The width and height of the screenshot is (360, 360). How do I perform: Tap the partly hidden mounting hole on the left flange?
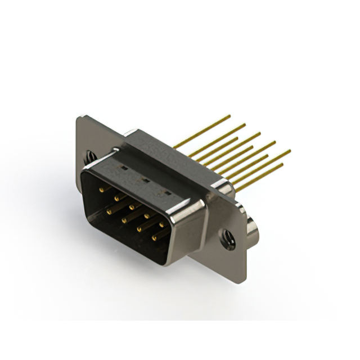pos(89,152)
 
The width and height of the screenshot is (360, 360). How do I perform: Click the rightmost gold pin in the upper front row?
pos(162,224)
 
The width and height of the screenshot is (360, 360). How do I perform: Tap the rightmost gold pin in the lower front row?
pos(154,238)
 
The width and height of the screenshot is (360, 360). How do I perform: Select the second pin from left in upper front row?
pos(117,198)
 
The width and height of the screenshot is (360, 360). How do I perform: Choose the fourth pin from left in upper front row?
pos(147,215)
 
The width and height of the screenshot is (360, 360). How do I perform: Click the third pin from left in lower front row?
pos(139,229)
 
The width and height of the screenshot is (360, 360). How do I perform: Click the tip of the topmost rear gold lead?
pos(229,116)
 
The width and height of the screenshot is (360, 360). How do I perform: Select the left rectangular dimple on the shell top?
pos(120,168)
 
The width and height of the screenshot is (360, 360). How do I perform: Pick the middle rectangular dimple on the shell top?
pos(143,180)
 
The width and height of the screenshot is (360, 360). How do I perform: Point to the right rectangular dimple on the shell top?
pos(165,192)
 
